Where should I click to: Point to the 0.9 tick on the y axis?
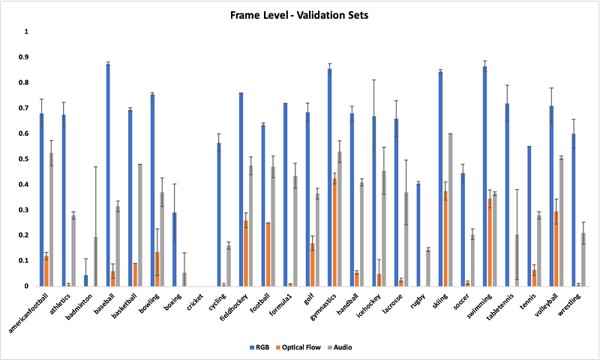[x=26, y=57]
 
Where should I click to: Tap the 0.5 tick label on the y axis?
[x=26, y=159]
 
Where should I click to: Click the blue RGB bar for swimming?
[x=485, y=176]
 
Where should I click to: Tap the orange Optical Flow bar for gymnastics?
[x=334, y=232]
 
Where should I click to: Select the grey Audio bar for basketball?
[x=140, y=225]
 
